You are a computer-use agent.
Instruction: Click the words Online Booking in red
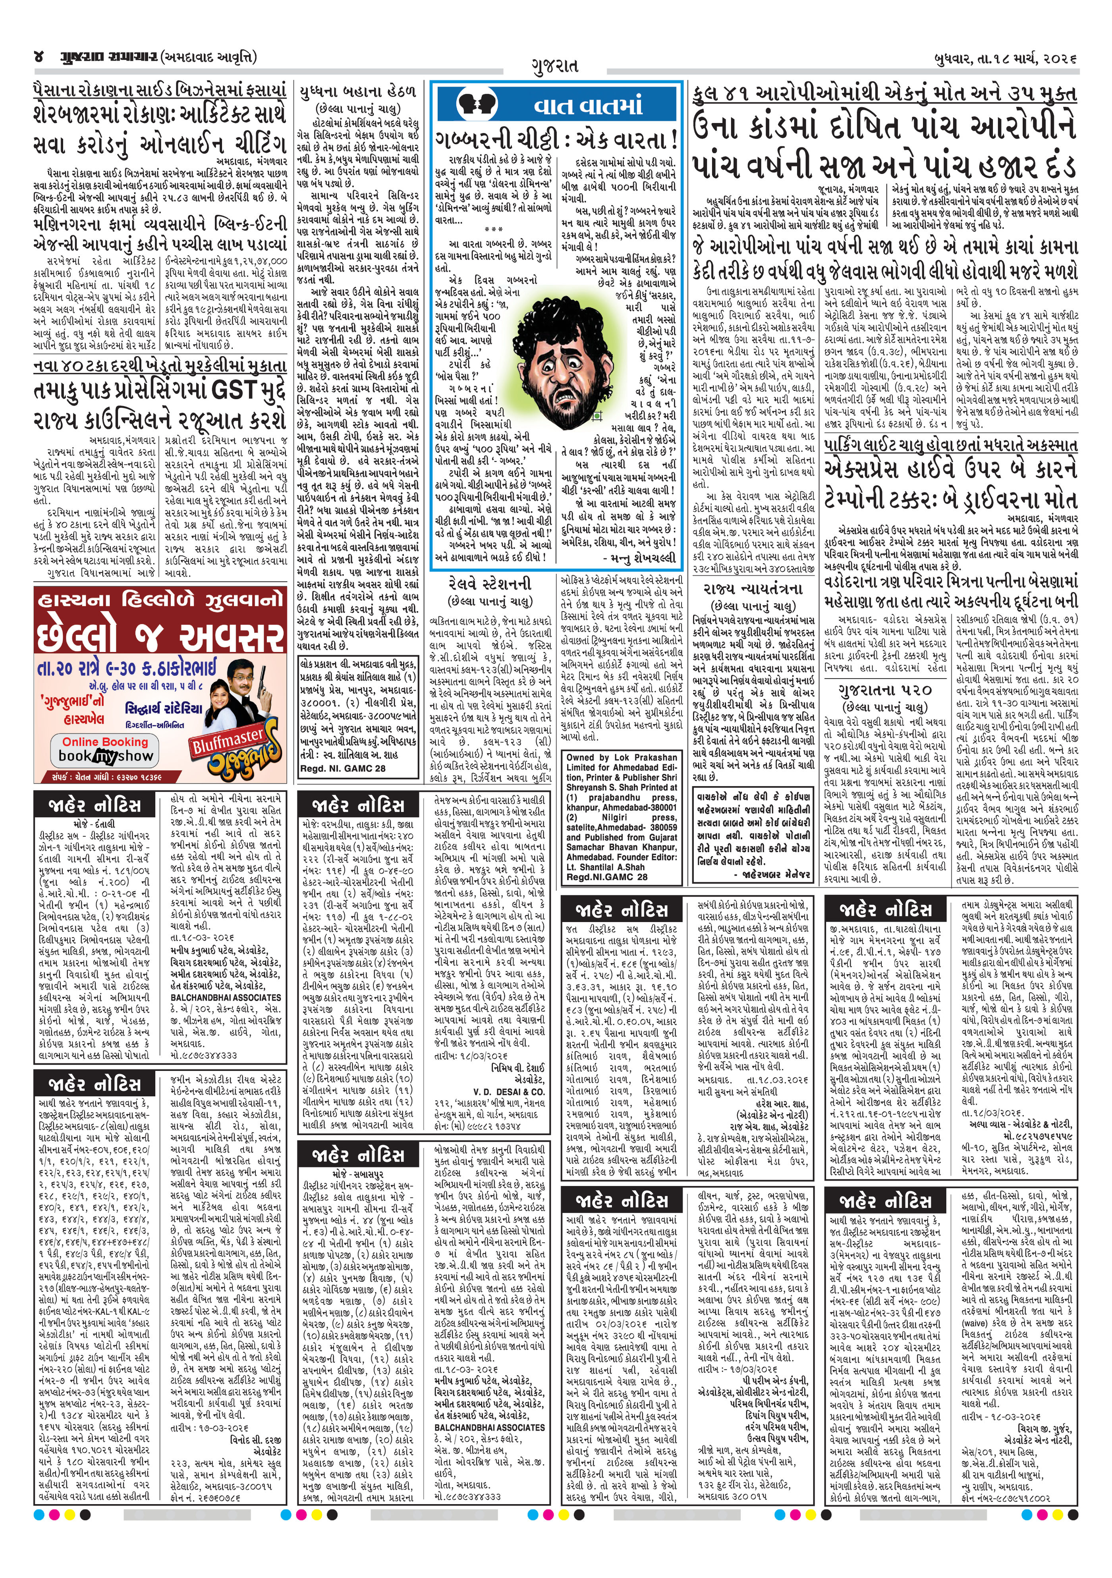[105, 742]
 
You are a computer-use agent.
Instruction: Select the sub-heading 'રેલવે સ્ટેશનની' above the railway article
[489, 583]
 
